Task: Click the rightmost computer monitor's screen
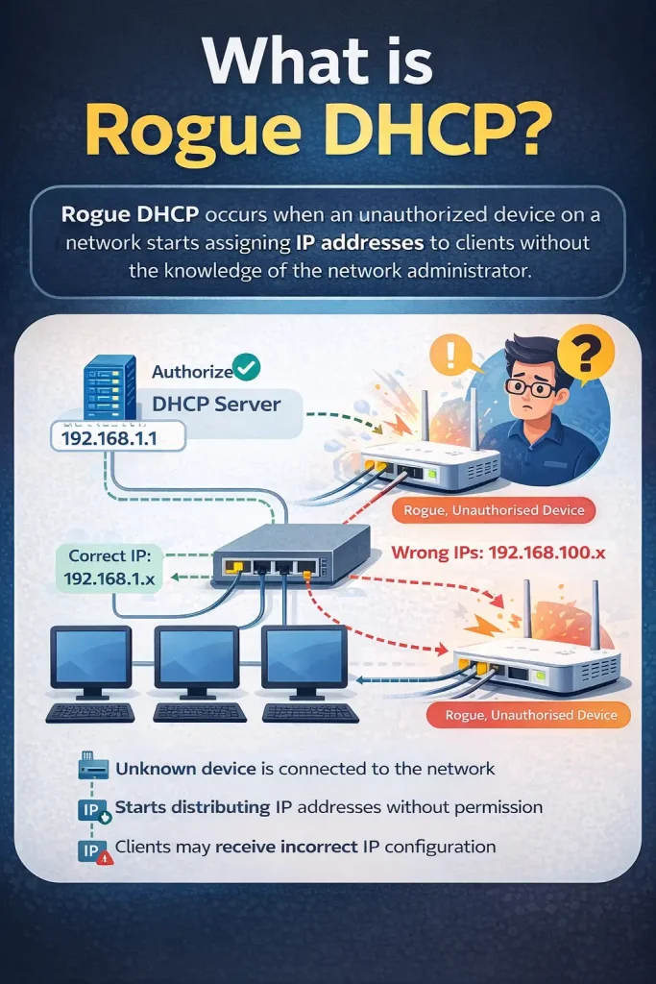coord(305,656)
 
